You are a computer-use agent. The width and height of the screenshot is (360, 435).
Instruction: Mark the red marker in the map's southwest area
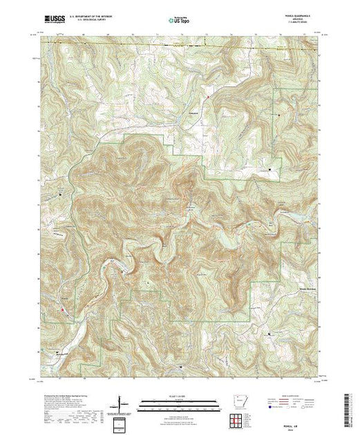pos(63,310)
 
